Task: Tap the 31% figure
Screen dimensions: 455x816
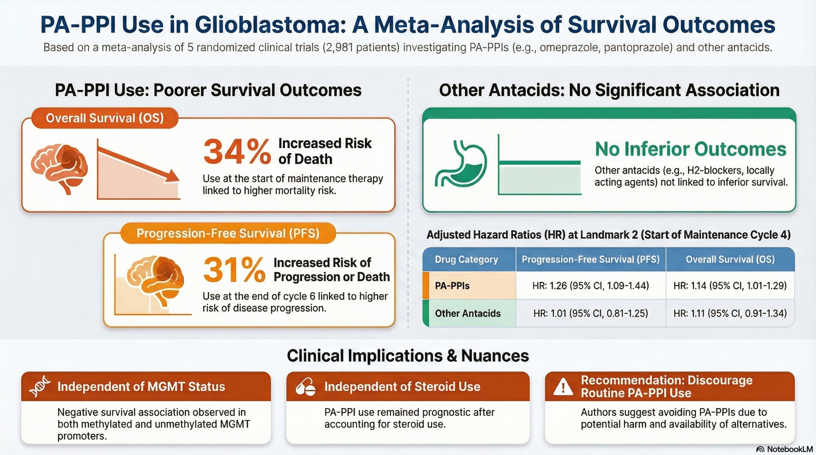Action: [234, 270]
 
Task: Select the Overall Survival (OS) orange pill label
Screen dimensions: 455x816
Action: [105, 118]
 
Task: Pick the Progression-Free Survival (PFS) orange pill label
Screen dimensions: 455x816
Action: [228, 233]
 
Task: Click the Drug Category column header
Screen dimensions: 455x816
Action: [466, 259]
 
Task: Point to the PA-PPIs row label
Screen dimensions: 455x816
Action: [452, 286]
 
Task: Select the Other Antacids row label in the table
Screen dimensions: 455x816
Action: [468, 313]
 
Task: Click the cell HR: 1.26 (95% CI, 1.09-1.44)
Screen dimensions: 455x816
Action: [590, 286]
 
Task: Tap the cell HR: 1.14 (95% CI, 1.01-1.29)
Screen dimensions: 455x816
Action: [730, 286]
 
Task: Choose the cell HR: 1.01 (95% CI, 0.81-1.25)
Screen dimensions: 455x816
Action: [590, 313]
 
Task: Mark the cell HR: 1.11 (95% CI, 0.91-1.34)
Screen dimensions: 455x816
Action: [730, 313]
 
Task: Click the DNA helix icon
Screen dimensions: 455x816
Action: [40, 387]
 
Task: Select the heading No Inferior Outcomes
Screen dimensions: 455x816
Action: [690, 149]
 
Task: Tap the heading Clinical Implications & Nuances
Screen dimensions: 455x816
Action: [408, 356]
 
